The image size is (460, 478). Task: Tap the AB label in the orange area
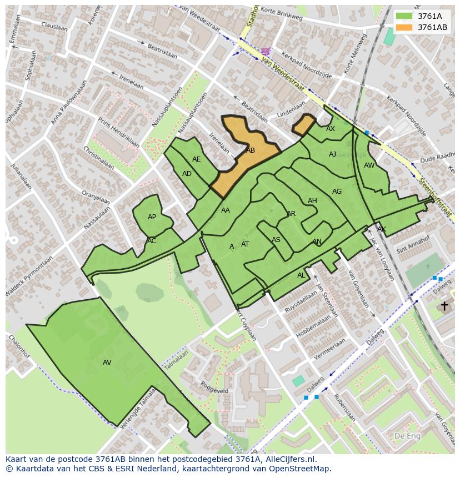pyautogui.click(x=251, y=150)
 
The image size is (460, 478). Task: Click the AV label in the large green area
pyautogui.click(x=107, y=363)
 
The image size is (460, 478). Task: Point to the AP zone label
pyautogui.click(x=152, y=217)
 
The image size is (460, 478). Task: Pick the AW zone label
pyautogui.click(x=369, y=165)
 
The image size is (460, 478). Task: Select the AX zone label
pyautogui.click(x=331, y=129)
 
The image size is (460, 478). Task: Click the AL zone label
pyautogui.click(x=301, y=275)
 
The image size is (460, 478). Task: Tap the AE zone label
pyautogui.click(x=196, y=159)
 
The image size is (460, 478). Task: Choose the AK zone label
pyautogui.click(x=381, y=229)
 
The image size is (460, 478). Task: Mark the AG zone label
pyautogui.click(x=337, y=192)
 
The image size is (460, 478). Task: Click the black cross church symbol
pyautogui.click(x=444, y=306)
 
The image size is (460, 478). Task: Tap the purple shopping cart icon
pyautogui.click(x=266, y=51)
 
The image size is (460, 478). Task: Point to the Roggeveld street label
pyautogui.click(x=214, y=387)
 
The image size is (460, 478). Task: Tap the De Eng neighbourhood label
pyautogui.click(x=407, y=436)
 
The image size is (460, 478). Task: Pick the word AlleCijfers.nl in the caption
pyautogui.click(x=289, y=459)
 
